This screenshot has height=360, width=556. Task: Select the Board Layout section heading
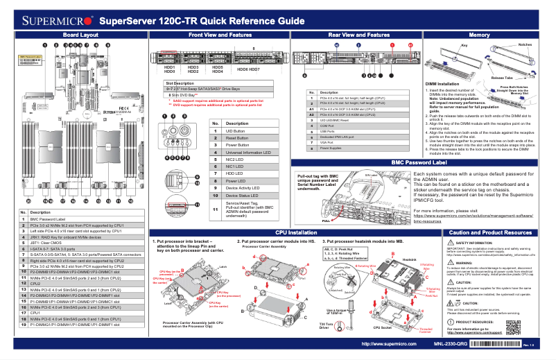(x=80, y=34)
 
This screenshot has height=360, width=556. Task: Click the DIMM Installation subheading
(x=444, y=83)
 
